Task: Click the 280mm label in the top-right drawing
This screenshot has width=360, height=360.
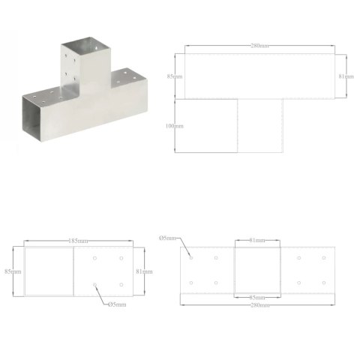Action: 260,46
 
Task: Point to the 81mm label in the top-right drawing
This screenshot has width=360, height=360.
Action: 346,76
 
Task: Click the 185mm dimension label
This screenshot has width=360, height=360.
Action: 77,241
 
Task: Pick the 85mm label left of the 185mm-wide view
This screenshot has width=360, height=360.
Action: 10,271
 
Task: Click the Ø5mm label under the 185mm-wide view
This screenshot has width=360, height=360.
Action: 116,304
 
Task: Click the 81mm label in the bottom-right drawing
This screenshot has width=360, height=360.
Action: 259,240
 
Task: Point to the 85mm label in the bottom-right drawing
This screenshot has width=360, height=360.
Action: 259,298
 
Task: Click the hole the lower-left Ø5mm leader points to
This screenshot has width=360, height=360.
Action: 95,284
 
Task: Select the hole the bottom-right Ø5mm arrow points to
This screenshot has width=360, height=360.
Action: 191,258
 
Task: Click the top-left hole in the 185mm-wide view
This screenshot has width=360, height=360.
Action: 95,258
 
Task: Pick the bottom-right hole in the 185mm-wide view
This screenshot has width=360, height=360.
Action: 121,284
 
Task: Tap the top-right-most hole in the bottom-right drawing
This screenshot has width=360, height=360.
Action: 324,258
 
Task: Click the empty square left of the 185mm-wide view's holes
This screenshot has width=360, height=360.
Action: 49,271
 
